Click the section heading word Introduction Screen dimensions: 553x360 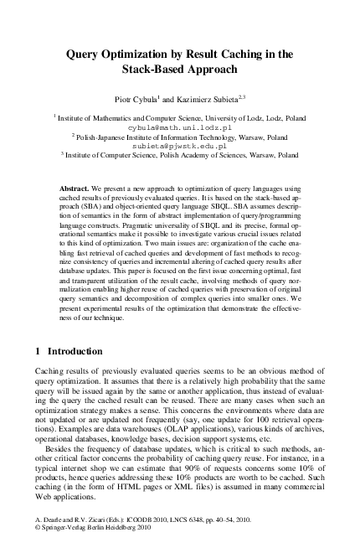pos(76,351)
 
